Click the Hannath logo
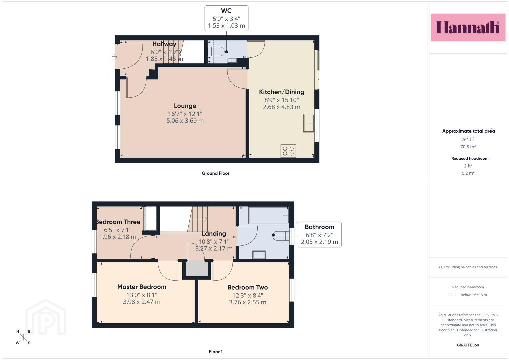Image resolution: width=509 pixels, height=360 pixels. (x=468, y=27)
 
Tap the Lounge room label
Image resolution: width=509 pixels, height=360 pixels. (x=185, y=106)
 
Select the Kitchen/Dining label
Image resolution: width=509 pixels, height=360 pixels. (x=282, y=92)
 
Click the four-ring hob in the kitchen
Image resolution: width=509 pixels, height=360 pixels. (x=288, y=151)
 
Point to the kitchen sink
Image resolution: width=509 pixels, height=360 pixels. (x=309, y=123)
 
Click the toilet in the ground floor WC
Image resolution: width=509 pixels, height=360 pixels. (x=218, y=52)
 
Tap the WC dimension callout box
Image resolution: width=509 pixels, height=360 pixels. (x=226, y=18)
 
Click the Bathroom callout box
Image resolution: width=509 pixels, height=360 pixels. (x=319, y=234)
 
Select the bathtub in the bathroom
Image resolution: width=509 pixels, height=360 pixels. (x=269, y=215)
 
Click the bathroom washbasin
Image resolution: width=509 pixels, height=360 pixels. (x=259, y=255)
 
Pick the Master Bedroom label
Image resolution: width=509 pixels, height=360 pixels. (x=142, y=287)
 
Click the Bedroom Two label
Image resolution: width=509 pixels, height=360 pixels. (x=247, y=287)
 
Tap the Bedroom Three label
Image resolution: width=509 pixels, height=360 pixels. (x=118, y=222)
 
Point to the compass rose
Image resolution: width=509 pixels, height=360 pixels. (x=23, y=337)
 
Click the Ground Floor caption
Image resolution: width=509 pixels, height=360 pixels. (x=215, y=173)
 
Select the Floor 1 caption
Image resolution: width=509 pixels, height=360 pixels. (x=216, y=352)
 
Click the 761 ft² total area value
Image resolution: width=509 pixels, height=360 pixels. (x=468, y=139)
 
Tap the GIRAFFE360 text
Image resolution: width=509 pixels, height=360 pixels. (x=468, y=345)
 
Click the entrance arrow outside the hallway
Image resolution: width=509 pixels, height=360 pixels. (x=115, y=56)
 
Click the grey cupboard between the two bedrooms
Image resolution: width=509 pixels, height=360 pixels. (x=197, y=268)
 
